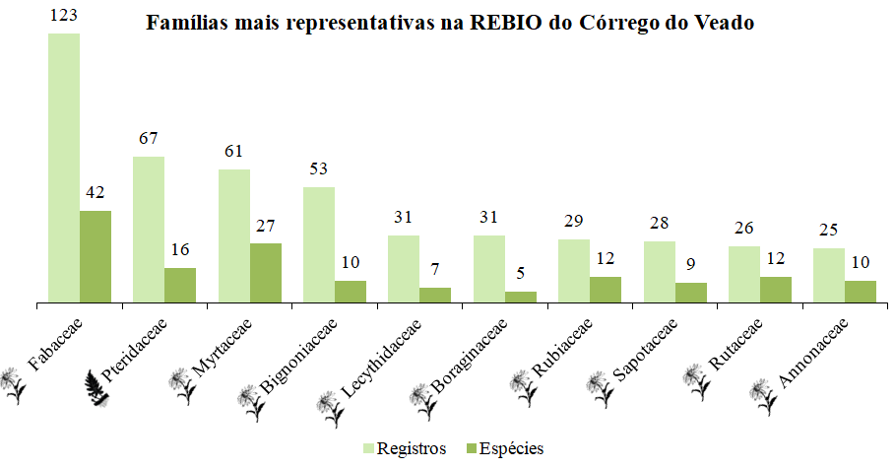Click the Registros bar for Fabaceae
pyautogui.click(x=64, y=167)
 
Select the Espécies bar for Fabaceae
pyautogui.click(x=96, y=256)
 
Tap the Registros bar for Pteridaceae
pyautogui.click(x=149, y=229)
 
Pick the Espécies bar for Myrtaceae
pyautogui.click(x=266, y=272)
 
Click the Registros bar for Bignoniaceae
pyautogui.click(x=319, y=243)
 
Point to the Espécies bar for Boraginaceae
pyautogui.click(x=521, y=296)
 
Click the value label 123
pyautogui.click(x=64, y=17)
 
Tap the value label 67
pyautogui.click(x=149, y=139)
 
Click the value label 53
pyautogui.click(x=319, y=169)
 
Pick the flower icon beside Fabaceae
pyautogui.click(x=12, y=385)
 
